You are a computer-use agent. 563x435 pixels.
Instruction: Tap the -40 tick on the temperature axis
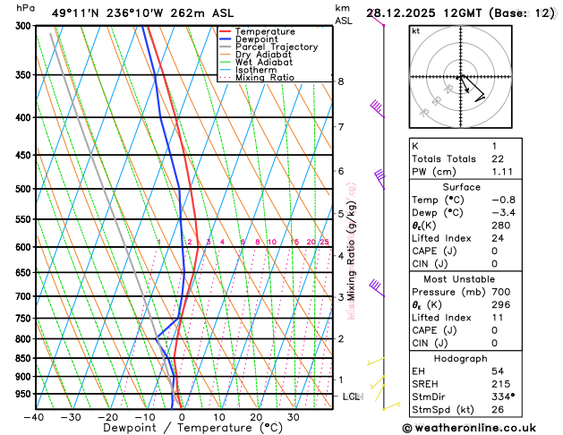[x=35, y=417]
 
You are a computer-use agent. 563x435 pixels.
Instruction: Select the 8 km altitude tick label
[x=340, y=81]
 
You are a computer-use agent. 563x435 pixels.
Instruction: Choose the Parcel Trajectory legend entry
[x=276, y=47]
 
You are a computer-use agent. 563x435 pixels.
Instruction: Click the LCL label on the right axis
[x=352, y=396]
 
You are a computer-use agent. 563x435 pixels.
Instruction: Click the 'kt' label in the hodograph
[x=415, y=30]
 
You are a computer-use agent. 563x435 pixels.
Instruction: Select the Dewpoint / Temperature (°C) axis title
[x=182, y=429]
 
